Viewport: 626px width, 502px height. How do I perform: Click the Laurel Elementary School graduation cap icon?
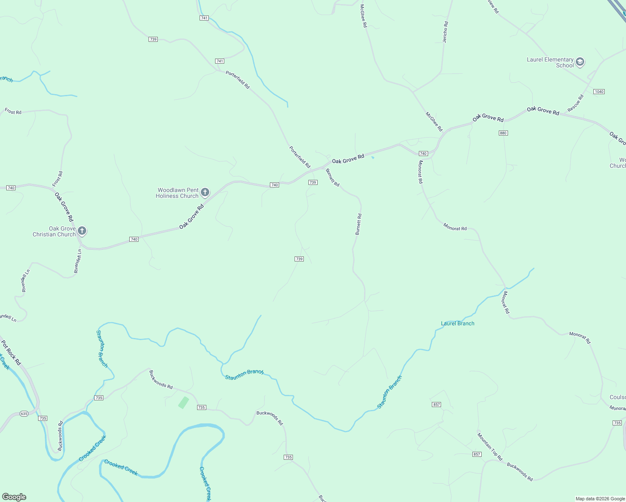(x=580, y=62)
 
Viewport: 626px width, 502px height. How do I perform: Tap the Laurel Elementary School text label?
(x=550, y=62)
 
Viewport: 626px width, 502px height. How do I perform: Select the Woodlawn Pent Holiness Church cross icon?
(x=205, y=192)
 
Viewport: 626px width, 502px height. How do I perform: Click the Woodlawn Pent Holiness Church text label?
(x=177, y=193)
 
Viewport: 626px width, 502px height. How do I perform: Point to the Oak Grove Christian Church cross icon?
(x=82, y=231)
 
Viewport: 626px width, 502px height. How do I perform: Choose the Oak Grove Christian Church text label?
(x=54, y=231)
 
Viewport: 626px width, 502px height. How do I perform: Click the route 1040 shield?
(x=599, y=92)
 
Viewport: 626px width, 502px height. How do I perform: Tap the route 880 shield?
(x=503, y=133)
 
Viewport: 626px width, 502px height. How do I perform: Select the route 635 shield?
(x=24, y=414)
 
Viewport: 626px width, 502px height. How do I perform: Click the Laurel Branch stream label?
(x=457, y=323)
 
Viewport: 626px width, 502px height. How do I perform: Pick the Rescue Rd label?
(x=575, y=103)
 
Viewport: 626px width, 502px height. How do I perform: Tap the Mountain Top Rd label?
(x=490, y=447)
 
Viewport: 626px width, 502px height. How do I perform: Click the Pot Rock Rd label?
(x=11, y=353)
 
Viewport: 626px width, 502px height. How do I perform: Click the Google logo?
(x=14, y=497)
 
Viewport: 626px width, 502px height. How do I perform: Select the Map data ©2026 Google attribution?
(x=600, y=499)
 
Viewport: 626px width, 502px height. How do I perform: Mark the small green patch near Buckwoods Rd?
(x=183, y=402)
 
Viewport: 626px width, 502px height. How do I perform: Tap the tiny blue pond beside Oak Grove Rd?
(x=372, y=158)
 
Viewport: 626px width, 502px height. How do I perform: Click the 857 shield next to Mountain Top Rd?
(x=477, y=454)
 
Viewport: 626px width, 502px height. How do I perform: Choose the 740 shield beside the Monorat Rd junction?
(x=423, y=154)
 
